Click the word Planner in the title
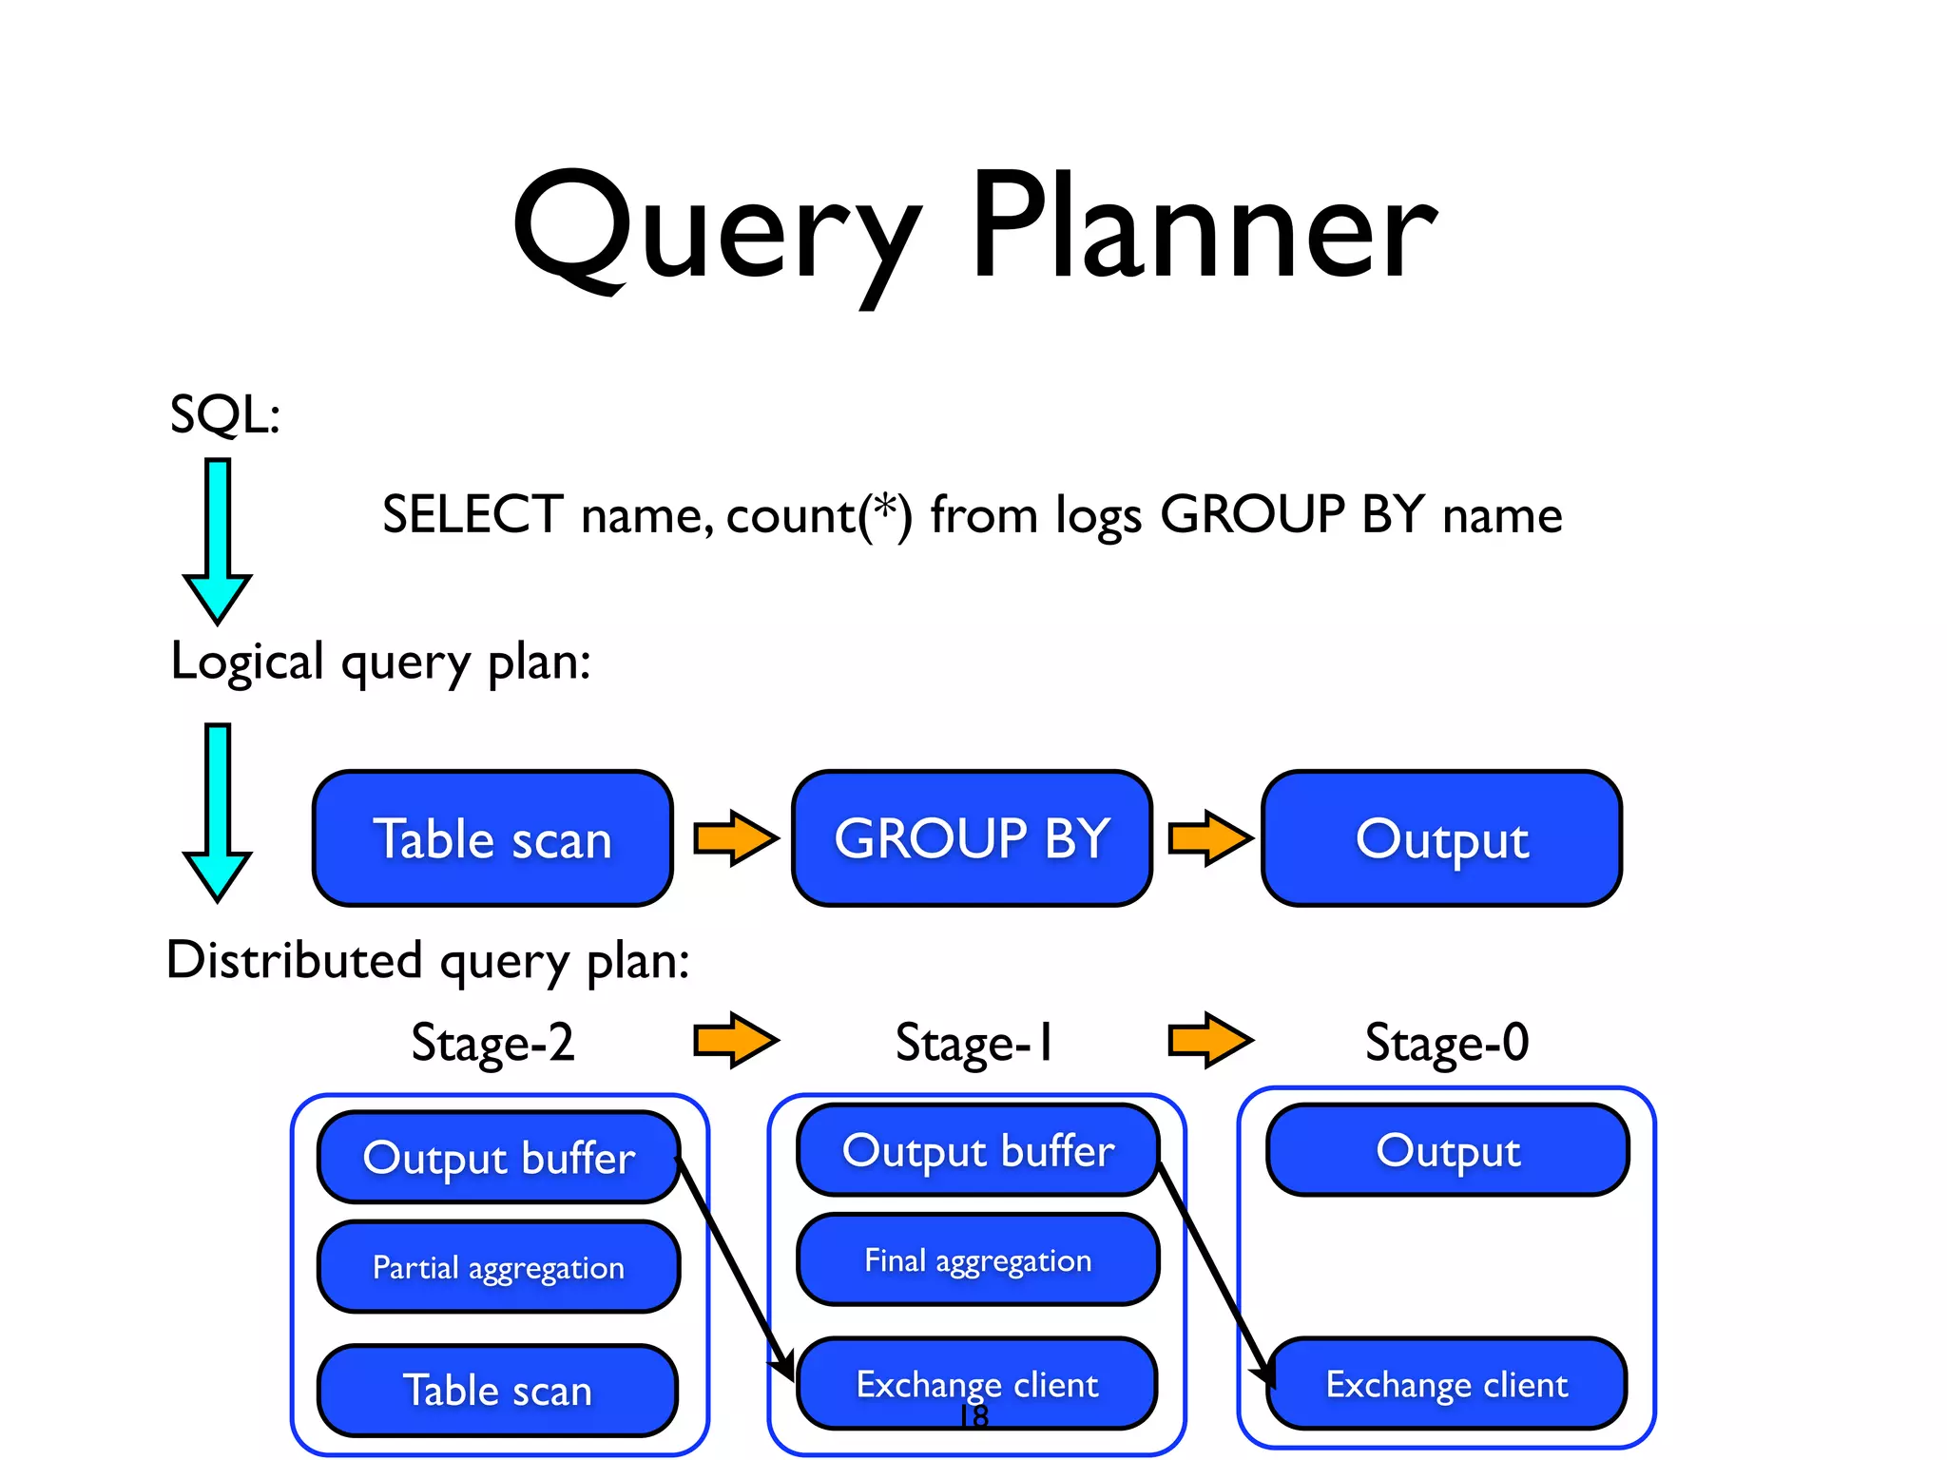tap(1203, 228)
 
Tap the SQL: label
tap(225, 414)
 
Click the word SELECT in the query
tap(472, 514)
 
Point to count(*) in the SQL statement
tap(819, 515)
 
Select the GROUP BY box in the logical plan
tap(972, 838)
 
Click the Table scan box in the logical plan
tap(492, 838)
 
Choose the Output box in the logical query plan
tap(1441, 838)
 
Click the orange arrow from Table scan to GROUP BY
tap(735, 837)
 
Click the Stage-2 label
tap(492, 1042)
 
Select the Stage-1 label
tap(973, 1042)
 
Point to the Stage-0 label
tap(1446, 1042)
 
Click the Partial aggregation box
tap(498, 1267)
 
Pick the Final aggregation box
tap(977, 1260)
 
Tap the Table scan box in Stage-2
tap(497, 1390)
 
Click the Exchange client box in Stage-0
tap(1446, 1384)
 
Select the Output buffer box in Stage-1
tap(977, 1150)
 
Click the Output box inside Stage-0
tap(1447, 1150)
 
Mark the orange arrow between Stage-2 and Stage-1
tap(735, 1040)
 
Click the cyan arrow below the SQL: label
tap(218, 540)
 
